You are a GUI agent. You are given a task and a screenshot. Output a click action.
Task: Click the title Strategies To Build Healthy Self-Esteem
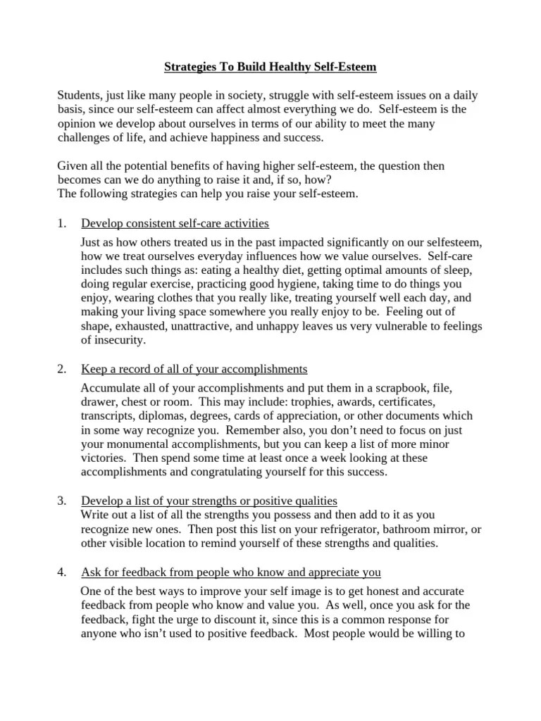[270, 68]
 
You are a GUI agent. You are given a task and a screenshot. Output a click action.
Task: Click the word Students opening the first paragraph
[80, 95]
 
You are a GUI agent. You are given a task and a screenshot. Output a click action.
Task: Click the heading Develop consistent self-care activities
[175, 224]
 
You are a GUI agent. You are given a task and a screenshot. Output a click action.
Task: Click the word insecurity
[118, 340]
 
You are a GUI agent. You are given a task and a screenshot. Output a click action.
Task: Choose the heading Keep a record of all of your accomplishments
[194, 369]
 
